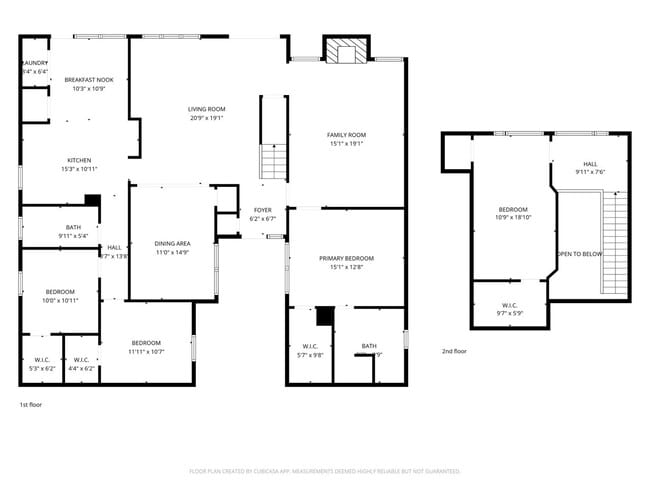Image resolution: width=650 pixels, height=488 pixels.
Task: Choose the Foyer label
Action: pyautogui.click(x=263, y=214)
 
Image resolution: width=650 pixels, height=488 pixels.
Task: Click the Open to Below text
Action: pyautogui.click(x=580, y=254)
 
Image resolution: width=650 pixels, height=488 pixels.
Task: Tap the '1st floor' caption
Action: pyautogui.click(x=30, y=405)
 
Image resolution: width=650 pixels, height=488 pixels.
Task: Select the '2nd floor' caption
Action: pyautogui.click(x=454, y=351)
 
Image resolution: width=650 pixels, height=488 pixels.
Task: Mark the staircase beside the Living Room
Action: pyautogui.click(x=274, y=160)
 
